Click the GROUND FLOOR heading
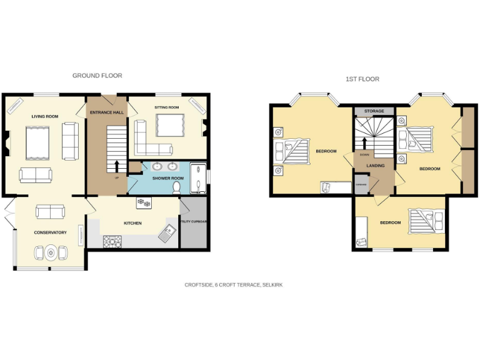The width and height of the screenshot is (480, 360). click(97, 76)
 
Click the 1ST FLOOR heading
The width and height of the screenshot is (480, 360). click(362, 79)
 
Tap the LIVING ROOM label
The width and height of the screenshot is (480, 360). click(45, 116)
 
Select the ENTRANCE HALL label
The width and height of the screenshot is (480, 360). click(106, 112)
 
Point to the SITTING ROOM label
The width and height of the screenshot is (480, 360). click(167, 107)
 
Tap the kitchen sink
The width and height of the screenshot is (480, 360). click(167, 233)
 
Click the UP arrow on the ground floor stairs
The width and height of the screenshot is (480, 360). click(117, 166)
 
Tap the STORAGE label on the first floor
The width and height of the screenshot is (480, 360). click(374, 111)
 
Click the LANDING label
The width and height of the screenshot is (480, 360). click(375, 166)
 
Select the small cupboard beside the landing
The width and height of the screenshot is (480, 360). click(361, 184)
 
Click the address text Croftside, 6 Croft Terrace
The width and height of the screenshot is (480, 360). click(233, 284)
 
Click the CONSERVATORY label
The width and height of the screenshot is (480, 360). click(50, 232)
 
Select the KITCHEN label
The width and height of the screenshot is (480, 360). click(132, 223)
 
